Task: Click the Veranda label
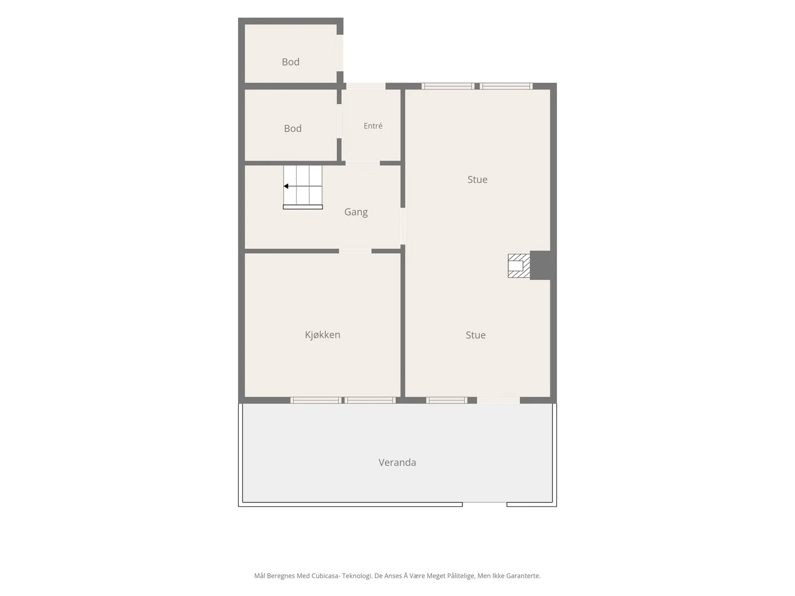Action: click(397, 462)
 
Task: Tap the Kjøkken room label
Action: click(322, 335)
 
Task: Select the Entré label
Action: click(373, 126)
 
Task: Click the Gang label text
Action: click(356, 212)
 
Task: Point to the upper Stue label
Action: click(477, 179)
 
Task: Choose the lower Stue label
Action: click(475, 335)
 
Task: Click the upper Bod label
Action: click(291, 62)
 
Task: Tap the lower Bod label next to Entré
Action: click(293, 129)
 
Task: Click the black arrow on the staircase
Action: click(286, 186)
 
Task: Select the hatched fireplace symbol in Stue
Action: click(519, 266)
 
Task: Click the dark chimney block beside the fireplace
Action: click(540, 265)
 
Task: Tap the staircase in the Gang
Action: click(303, 187)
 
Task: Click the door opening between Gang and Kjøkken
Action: click(355, 251)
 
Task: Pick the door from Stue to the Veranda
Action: click(498, 400)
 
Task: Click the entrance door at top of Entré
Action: click(366, 86)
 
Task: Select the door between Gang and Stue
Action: click(402, 226)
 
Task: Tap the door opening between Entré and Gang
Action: click(363, 163)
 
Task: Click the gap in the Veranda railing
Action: click(484, 504)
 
